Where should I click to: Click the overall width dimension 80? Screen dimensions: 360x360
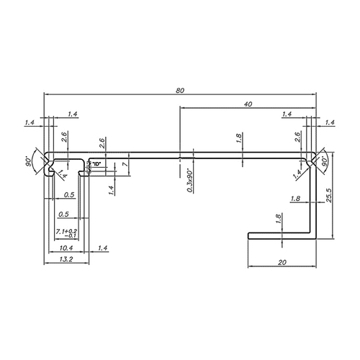pos(180,90)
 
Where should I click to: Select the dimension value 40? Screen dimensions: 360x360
pos(248,104)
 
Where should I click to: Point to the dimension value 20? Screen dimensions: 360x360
pos(282,263)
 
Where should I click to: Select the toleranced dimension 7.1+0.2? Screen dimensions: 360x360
pos(66,233)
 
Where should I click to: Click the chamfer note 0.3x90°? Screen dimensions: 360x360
pos(189,181)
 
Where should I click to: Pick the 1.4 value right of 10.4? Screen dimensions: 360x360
pos(100,248)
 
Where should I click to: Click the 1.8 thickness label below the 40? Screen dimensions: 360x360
pos(239,138)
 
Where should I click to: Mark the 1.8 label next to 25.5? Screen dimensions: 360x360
pos(295,199)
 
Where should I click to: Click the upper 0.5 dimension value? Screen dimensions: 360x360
pos(69,195)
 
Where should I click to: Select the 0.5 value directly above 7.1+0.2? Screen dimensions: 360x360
pos(63,214)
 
